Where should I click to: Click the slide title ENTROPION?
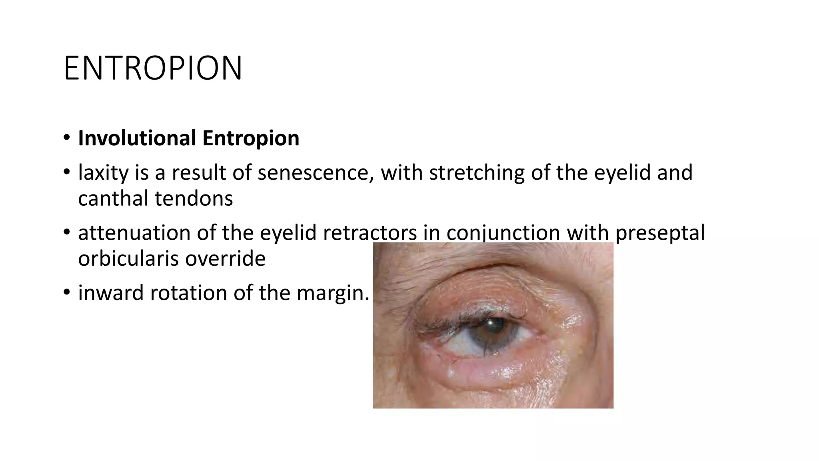[x=153, y=68]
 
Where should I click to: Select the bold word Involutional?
[x=137, y=138]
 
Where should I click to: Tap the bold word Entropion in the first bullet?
[x=251, y=138]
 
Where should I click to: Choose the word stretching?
[x=476, y=172]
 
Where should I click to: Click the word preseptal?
[x=660, y=233]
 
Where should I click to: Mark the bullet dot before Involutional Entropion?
[x=66, y=138]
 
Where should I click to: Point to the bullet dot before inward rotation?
[x=66, y=293]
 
